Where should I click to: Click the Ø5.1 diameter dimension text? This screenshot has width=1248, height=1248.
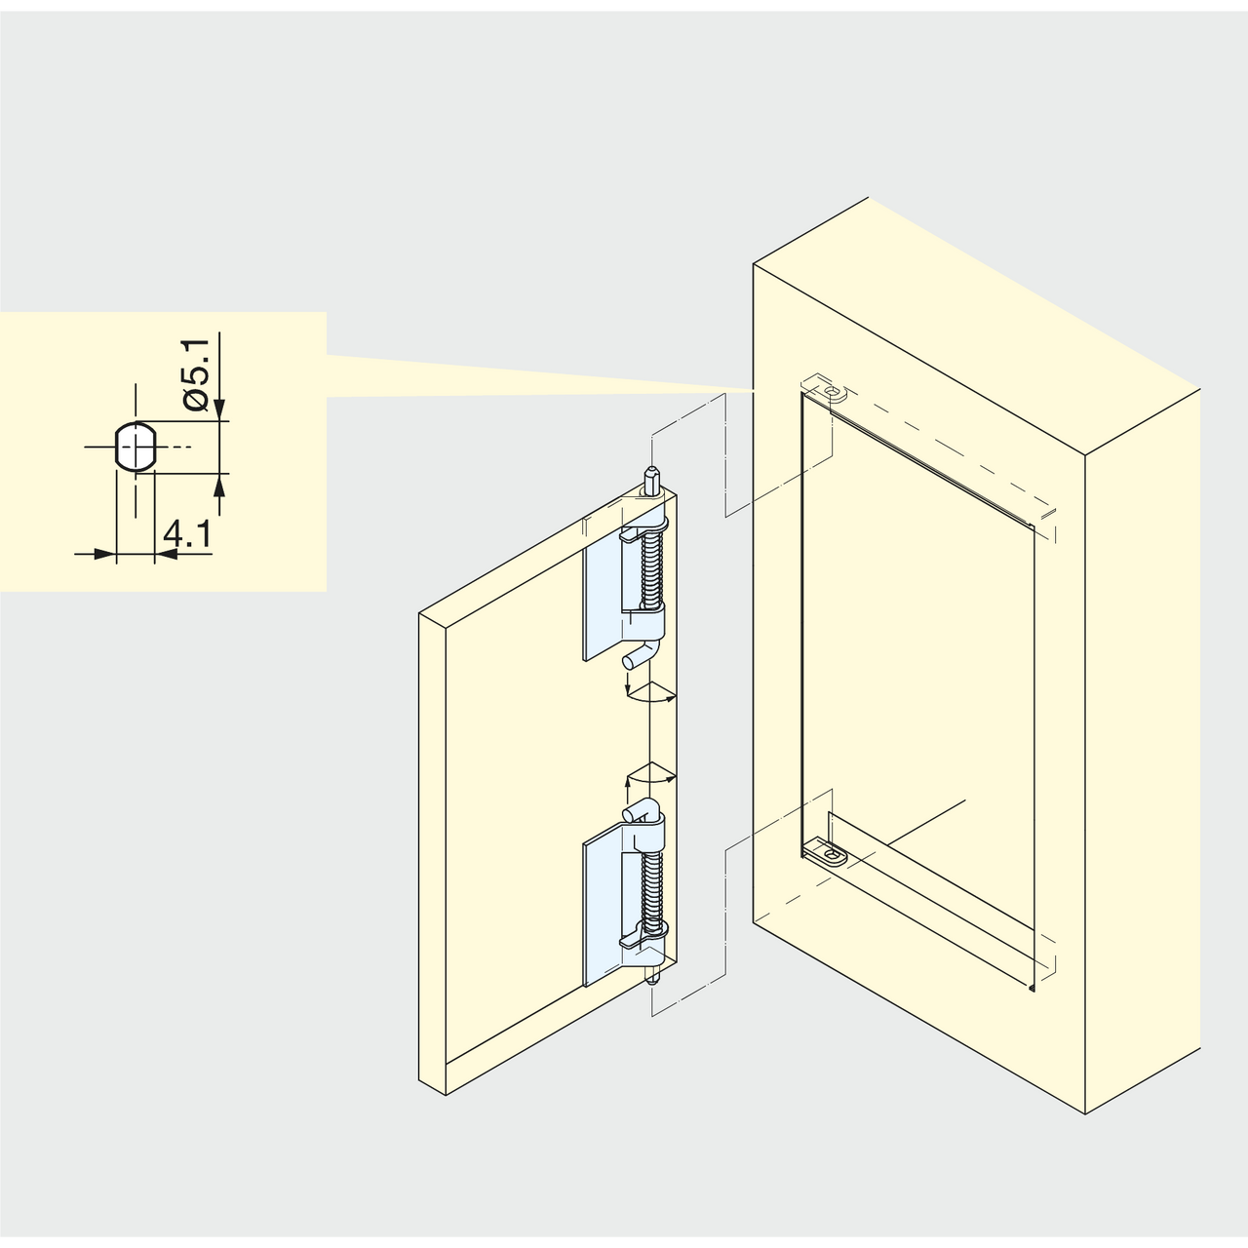point(196,374)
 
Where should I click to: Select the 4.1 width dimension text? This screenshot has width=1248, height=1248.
point(186,534)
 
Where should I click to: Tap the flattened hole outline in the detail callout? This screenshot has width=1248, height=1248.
point(135,447)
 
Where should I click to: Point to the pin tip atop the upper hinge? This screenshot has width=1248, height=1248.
point(650,479)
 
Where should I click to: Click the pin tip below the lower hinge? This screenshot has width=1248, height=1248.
point(650,979)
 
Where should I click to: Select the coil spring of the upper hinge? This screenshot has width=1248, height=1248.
point(651,569)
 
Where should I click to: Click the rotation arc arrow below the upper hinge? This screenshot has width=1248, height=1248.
point(650,696)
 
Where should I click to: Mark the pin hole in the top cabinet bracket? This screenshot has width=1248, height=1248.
point(834,391)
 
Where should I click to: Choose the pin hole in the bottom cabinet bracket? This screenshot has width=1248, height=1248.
point(835,858)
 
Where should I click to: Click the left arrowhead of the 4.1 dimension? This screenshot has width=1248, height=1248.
point(104,554)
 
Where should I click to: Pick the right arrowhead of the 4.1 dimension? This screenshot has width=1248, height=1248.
point(167,554)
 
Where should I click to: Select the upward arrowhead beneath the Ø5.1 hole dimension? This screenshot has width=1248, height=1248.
point(220,485)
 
